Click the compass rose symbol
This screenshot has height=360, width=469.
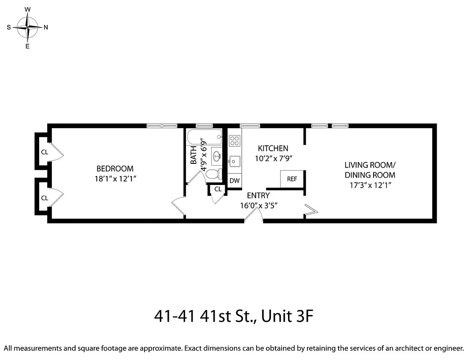tap(28, 27)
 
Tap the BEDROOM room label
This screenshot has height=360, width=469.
tap(115, 169)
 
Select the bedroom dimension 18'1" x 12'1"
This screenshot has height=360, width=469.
tap(115, 179)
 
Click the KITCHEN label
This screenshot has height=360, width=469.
tap(273, 148)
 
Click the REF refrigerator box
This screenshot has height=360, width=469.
tap(292, 179)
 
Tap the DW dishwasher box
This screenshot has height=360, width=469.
tap(234, 180)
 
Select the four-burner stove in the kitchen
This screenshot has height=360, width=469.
tap(234, 140)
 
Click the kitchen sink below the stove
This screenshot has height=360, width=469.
tap(234, 160)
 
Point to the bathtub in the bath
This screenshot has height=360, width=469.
tap(204, 135)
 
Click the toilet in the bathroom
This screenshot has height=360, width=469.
tap(213, 174)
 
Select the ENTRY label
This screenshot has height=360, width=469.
tap(258, 195)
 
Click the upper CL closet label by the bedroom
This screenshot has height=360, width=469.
tap(44, 152)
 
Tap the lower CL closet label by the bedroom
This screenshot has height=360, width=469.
tap(44, 198)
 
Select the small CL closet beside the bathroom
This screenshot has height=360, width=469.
tap(218, 189)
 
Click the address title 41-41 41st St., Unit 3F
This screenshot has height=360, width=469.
tap(233, 316)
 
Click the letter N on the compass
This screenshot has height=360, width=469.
tap(46, 27)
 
